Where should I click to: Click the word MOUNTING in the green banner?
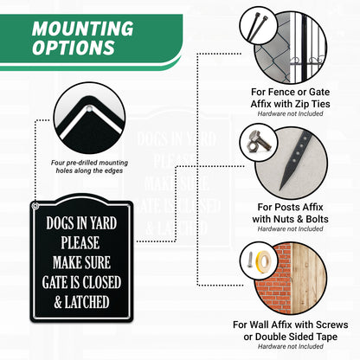coord(82,29)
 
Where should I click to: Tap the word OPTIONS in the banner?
coord(74,48)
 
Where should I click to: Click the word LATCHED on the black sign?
coord(87,302)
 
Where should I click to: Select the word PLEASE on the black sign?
coord(80,242)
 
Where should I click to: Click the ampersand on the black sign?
coord(58,302)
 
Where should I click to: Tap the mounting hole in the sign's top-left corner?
coord(35,206)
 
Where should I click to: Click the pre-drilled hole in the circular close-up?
coord(89,108)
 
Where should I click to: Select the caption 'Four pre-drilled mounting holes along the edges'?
coord(89,167)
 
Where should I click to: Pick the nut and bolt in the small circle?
coord(258,142)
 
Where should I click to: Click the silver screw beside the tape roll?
coord(250,260)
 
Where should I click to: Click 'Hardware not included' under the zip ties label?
coord(290,113)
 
